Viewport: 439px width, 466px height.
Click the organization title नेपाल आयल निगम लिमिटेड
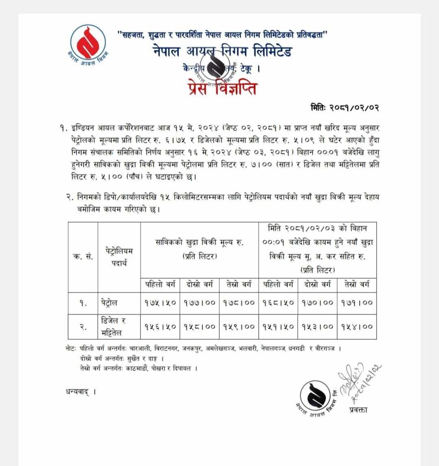point(222,51)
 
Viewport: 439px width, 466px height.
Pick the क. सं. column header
point(83,257)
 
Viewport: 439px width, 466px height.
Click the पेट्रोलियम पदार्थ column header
point(118,257)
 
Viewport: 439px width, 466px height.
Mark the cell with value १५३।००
point(317,326)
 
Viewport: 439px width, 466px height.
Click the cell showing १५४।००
point(356,326)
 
